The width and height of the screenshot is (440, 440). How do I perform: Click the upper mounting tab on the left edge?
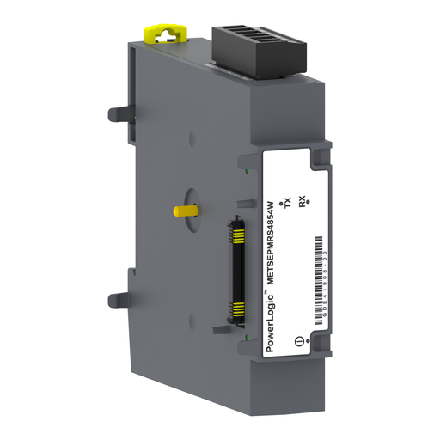[119, 113]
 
